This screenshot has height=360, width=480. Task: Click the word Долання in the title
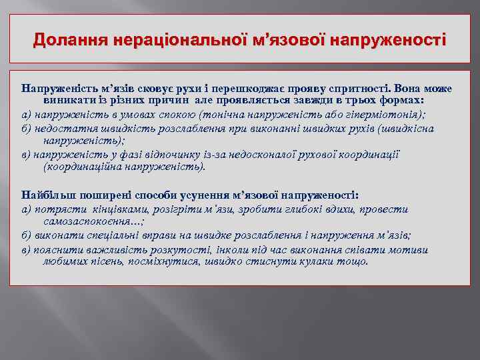[61, 39]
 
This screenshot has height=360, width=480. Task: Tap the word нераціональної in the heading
[156, 39]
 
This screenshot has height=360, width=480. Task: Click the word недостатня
[63, 128]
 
